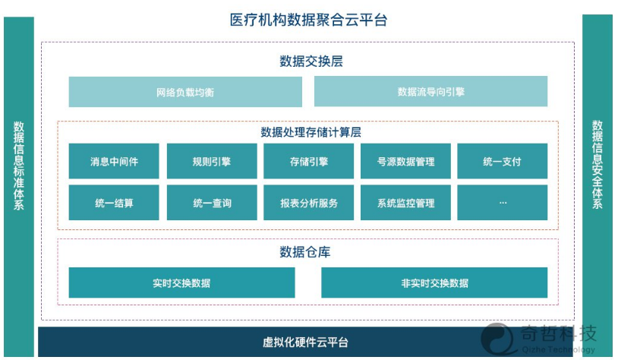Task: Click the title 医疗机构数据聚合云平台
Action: tap(308, 20)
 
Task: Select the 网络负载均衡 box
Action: tap(185, 92)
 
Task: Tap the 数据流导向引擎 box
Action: tap(430, 91)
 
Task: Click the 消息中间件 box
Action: tap(114, 161)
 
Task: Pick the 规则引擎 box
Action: tap(212, 161)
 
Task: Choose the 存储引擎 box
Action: tap(308, 161)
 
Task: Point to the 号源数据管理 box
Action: tap(405, 161)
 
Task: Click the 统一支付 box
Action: tap(502, 161)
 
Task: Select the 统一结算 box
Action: tap(114, 202)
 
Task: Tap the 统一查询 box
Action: tap(212, 202)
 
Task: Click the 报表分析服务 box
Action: tap(308, 202)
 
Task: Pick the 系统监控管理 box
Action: tap(405, 202)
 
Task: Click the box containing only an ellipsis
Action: tap(502, 202)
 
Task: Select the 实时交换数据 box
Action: tap(181, 283)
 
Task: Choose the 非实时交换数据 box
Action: tap(434, 283)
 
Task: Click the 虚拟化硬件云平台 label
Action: tap(305, 342)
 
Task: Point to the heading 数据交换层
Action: tap(311, 61)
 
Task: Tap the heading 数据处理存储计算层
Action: tap(311, 132)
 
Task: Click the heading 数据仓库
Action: tap(305, 251)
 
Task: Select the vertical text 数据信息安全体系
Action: tap(597, 164)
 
